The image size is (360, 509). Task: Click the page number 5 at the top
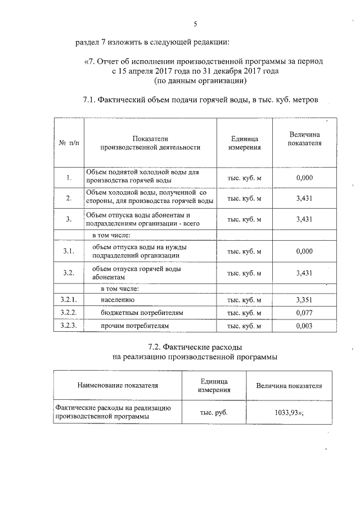coord(195,24)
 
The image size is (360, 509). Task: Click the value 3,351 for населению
coord(304,300)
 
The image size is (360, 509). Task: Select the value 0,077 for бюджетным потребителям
coord(304,313)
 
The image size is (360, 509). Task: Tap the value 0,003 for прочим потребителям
coord(304,326)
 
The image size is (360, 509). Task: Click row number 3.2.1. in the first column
coord(68,300)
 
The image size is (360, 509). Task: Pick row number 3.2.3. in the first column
coord(68,326)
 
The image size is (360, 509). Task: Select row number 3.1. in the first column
coord(68,251)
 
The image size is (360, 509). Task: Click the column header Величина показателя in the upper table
coord(304,139)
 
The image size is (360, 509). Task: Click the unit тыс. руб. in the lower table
coord(214,412)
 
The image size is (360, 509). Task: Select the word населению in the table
coord(118,300)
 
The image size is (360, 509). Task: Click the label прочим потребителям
coord(135,326)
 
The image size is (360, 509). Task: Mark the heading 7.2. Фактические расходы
coord(195,346)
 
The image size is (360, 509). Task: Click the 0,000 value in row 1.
coord(304,178)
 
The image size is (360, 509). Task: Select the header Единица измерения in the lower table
coord(214,385)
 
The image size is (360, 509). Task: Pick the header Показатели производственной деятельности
coord(150,143)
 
